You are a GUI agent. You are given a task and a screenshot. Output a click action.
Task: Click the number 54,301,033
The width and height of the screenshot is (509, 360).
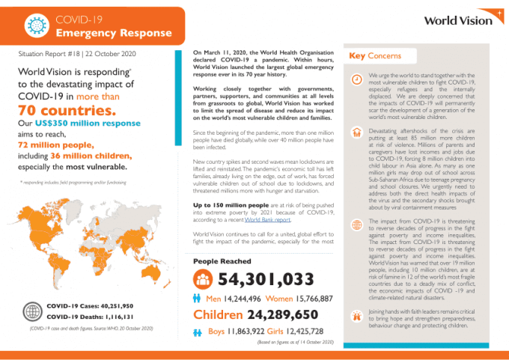265,280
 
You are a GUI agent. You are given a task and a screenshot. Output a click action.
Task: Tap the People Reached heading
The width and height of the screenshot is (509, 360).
222,261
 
